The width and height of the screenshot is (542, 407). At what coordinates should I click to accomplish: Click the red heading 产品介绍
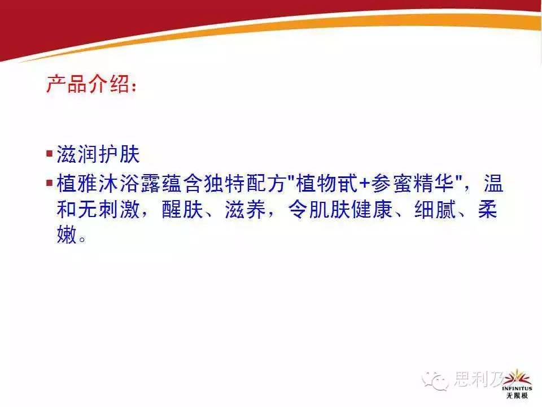click(88, 84)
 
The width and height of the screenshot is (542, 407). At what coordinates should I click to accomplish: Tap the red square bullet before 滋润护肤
click(50, 153)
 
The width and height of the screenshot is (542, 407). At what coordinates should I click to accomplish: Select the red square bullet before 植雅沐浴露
click(50, 182)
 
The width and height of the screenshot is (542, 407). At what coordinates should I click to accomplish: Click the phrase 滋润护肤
click(98, 154)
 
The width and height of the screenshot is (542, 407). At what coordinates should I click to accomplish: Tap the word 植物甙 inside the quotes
click(327, 183)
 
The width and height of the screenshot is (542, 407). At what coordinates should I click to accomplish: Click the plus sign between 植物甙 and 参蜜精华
click(364, 184)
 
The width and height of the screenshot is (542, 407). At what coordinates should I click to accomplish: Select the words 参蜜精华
click(412, 183)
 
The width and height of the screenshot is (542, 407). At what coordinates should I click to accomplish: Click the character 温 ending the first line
click(493, 183)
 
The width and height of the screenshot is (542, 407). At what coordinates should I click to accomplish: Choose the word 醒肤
click(182, 209)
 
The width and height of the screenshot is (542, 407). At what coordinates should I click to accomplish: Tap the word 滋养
click(245, 209)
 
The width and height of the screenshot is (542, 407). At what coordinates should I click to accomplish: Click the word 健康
click(371, 209)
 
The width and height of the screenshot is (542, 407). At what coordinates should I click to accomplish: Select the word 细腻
click(435, 209)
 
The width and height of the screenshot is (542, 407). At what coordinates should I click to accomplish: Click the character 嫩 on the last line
click(67, 235)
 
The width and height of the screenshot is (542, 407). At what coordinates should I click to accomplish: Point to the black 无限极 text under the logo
click(517, 396)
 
